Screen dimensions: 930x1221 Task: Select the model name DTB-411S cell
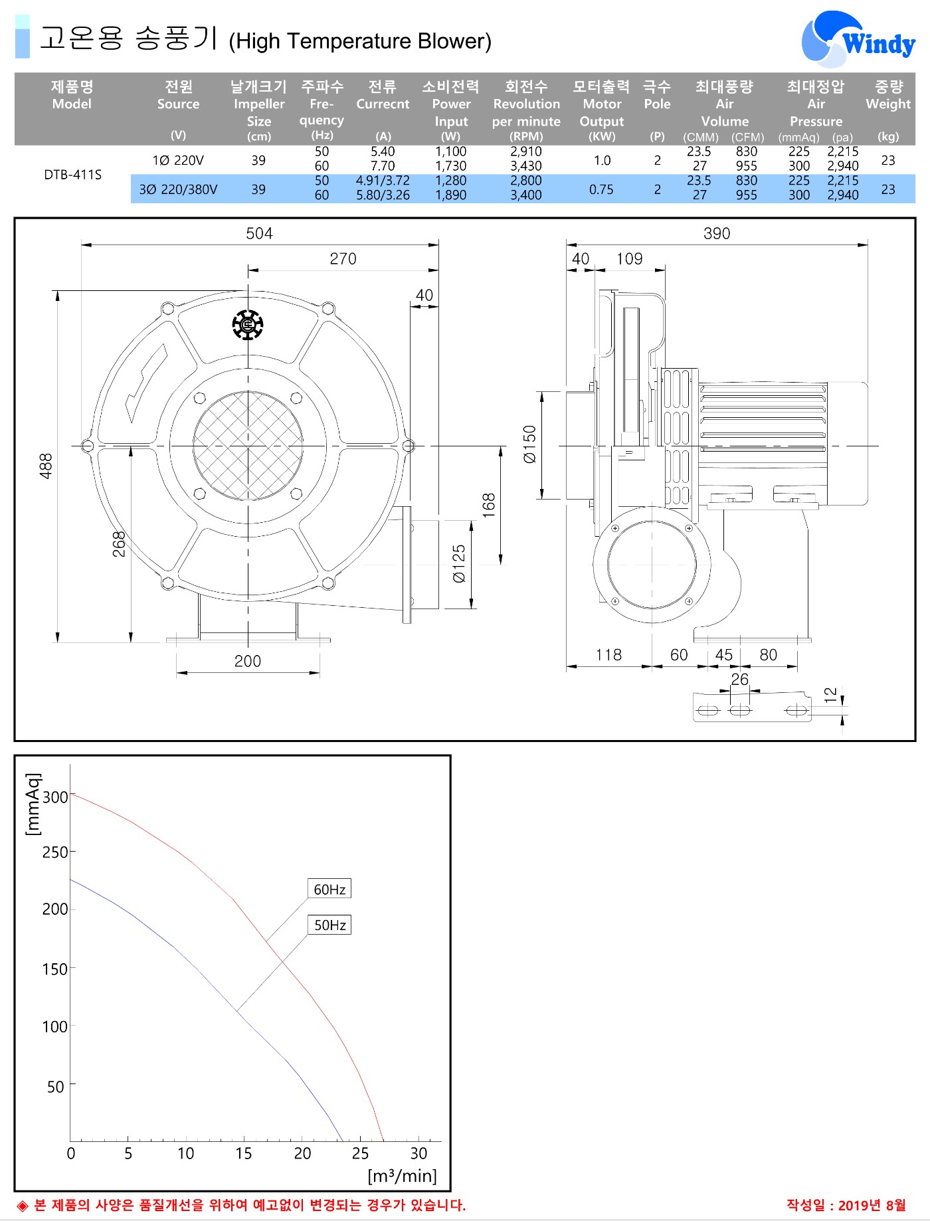pos(73,175)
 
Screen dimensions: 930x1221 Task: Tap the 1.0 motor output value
pos(602,160)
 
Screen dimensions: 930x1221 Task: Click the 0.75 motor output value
pos(601,189)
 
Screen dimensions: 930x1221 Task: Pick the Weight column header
pos(888,95)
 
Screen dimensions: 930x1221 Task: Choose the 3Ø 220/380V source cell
pos(178,189)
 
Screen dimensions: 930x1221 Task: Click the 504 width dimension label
pos(259,233)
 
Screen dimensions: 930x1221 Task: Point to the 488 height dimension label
pos(45,466)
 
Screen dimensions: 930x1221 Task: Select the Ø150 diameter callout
pos(529,444)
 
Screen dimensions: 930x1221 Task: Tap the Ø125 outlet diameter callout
pos(459,565)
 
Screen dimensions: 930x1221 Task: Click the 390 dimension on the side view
pos(717,233)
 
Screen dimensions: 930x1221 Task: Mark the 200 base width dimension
pos(248,661)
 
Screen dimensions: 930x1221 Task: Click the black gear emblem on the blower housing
pos(248,325)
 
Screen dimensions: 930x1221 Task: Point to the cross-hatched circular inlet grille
pos(248,445)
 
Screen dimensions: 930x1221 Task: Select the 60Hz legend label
pos(329,889)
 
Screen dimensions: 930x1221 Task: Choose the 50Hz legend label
pos(329,925)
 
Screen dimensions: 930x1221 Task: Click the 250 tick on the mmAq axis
pos(55,852)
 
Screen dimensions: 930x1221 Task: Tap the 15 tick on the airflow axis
pos(244,1153)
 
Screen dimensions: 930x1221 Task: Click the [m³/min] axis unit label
pos(403,1176)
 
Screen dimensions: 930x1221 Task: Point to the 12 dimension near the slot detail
pos(830,695)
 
